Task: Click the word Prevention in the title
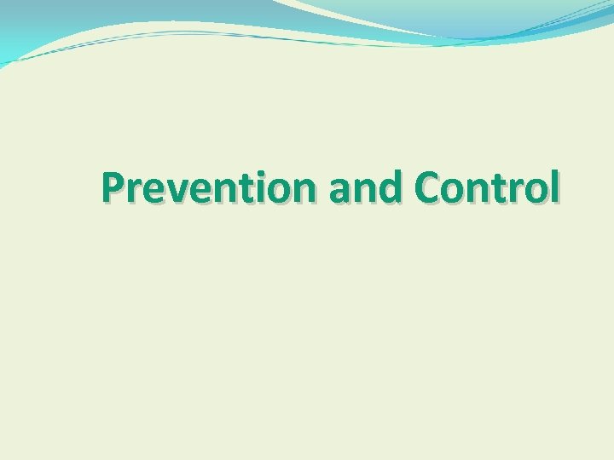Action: [x=210, y=188]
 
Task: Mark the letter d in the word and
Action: [x=393, y=188]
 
